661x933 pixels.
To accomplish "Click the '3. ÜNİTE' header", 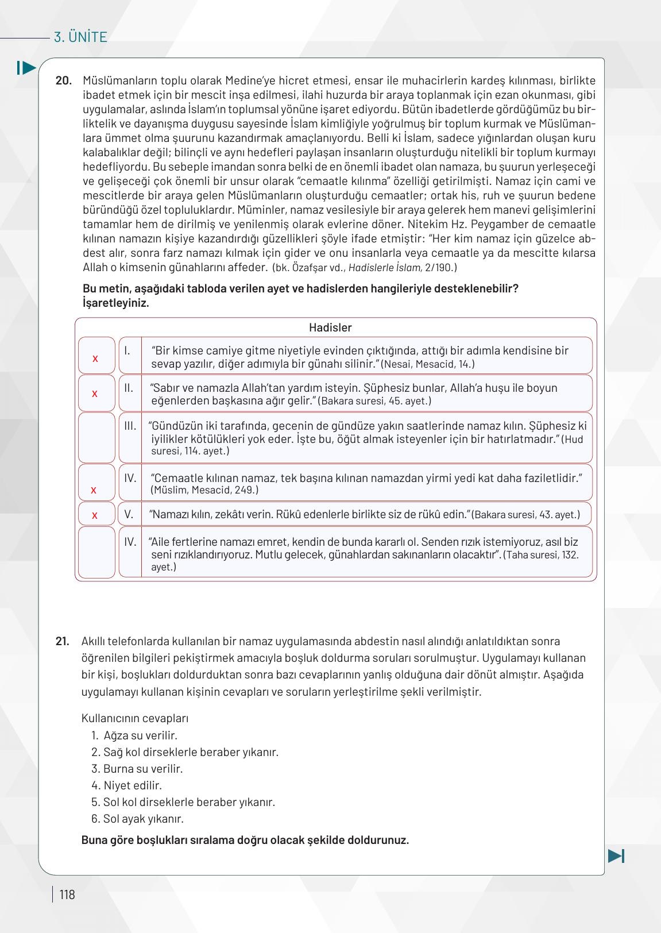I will pyautogui.click(x=80, y=37).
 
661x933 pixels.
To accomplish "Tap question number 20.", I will pyautogui.click(x=63, y=80).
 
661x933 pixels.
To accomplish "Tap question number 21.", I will pyautogui.click(x=63, y=641).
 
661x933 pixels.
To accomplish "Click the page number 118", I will pyautogui.click(x=67, y=895).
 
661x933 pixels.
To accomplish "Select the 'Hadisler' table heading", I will pyautogui.click(x=330, y=327).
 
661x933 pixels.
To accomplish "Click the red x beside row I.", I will pyautogui.click(x=95, y=358).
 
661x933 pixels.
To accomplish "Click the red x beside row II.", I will pyautogui.click(x=95, y=394).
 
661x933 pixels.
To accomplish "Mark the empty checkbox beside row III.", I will pyautogui.click(x=96, y=438).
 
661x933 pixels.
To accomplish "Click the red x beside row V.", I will pyautogui.click(x=95, y=515).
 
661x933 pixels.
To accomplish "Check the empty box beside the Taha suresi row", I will pyautogui.click(x=96, y=552).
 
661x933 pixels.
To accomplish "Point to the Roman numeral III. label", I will pyautogui.click(x=130, y=426).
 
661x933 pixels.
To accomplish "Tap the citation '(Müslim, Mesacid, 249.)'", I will pyautogui.click(x=204, y=490).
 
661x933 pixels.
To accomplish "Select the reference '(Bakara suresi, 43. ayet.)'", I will pyautogui.click(x=525, y=515).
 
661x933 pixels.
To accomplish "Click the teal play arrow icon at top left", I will pyautogui.click(x=26, y=68).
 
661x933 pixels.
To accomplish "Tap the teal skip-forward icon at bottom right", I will pyautogui.click(x=616, y=855).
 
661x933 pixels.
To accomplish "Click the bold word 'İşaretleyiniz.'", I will pyautogui.click(x=116, y=303).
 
